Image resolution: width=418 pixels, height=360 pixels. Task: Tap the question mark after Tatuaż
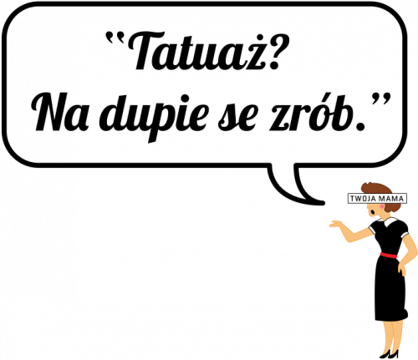[275, 52]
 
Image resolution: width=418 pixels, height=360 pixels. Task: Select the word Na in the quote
[62, 112]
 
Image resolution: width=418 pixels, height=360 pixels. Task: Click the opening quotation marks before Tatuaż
[115, 37]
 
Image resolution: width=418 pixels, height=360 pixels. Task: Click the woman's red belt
[389, 255]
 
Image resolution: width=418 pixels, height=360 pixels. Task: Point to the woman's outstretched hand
[337, 224]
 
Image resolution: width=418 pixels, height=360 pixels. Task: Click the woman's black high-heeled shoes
[390, 354]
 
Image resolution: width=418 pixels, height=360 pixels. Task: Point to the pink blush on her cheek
[381, 206]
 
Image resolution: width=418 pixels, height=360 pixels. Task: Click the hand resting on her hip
[401, 268]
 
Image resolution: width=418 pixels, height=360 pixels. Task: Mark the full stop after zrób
[360, 127]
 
